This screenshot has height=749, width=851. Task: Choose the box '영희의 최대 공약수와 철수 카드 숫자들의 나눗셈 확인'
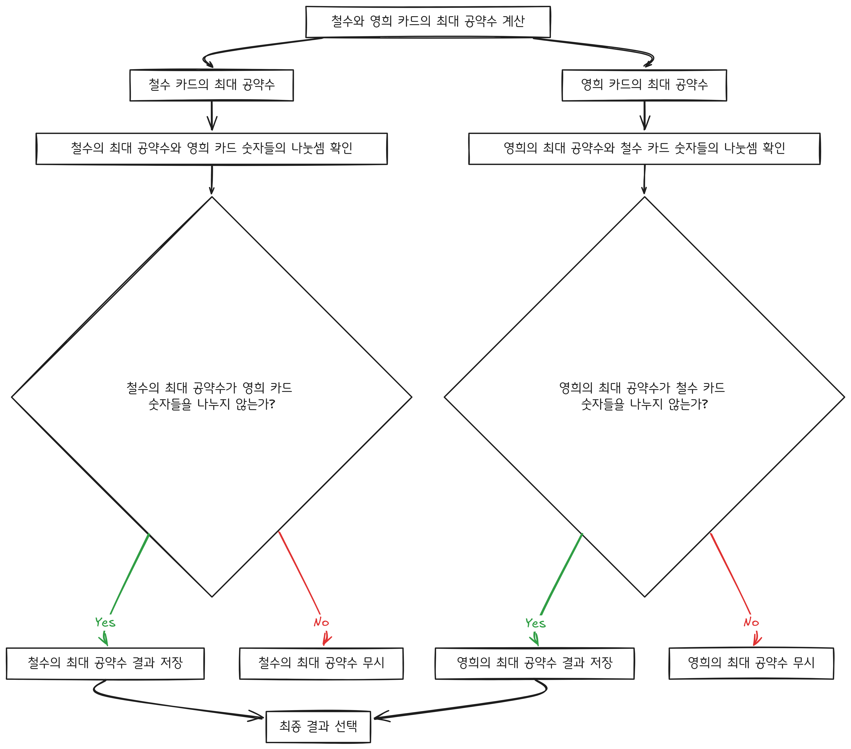pyautogui.click(x=644, y=149)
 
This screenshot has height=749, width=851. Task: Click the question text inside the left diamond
pyautogui.click(x=210, y=396)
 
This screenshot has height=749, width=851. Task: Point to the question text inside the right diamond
pyautogui.click(x=642, y=396)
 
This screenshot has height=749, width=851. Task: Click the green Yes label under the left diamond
pyautogui.click(x=105, y=622)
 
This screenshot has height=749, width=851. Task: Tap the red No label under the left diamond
pyautogui.click(x=321, y=622)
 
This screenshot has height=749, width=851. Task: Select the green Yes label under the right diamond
pyautogui.click(x=535, y=623)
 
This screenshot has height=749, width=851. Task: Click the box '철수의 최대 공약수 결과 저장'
pyautogui.click(x=105, y=663)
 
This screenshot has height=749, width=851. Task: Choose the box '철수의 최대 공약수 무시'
pyautogui.click(x=321, y=663)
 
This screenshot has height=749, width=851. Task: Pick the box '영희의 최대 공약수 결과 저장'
pyautogui.click(x=535, y=663)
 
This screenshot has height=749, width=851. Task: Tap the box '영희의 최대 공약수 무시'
pyautogui.click(x=751, y=663)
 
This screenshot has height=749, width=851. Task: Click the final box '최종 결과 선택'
pyautogui.click(x=318, y=727)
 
